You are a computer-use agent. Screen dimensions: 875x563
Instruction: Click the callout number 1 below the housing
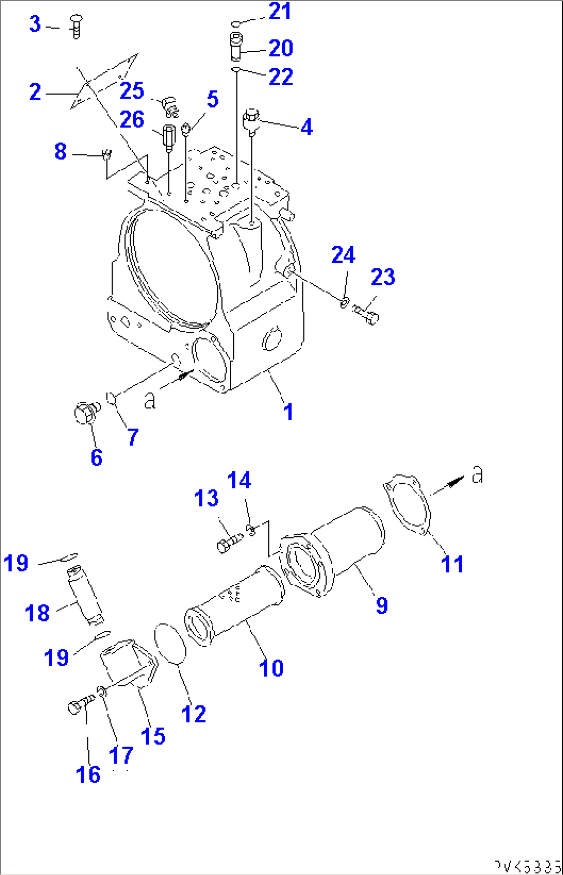tap(288, 412)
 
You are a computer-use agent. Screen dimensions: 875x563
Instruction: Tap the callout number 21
tap(280, 11)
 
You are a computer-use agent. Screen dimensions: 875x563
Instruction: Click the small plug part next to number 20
tap(235, 46)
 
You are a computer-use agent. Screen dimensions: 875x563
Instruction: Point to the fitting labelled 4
tap(251, 120)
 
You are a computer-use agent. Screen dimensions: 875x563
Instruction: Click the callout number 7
tap(133, 437)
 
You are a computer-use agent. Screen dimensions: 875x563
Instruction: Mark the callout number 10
tap(271, 668)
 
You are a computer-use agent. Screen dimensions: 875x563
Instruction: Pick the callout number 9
tap(382, 604)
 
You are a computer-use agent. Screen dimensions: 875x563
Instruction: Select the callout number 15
tap(153, 736)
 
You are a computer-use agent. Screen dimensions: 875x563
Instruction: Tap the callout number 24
tap(343, 254)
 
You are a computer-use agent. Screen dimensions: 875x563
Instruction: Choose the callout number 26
tap(132, 120)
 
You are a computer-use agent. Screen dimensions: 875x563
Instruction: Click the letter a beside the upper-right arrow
tap(478, 474)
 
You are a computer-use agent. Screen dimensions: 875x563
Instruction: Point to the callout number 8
tap(60, 151)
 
